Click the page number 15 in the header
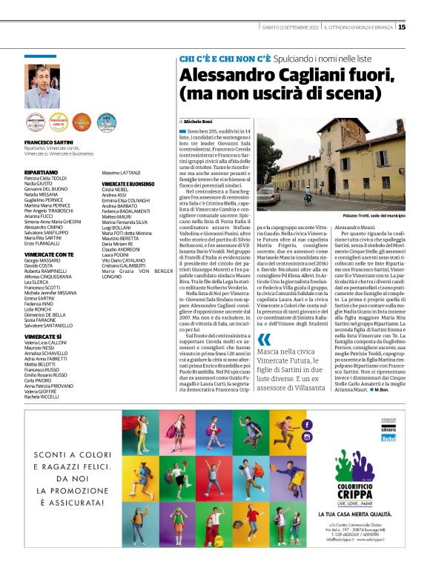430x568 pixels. click(401, 27)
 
